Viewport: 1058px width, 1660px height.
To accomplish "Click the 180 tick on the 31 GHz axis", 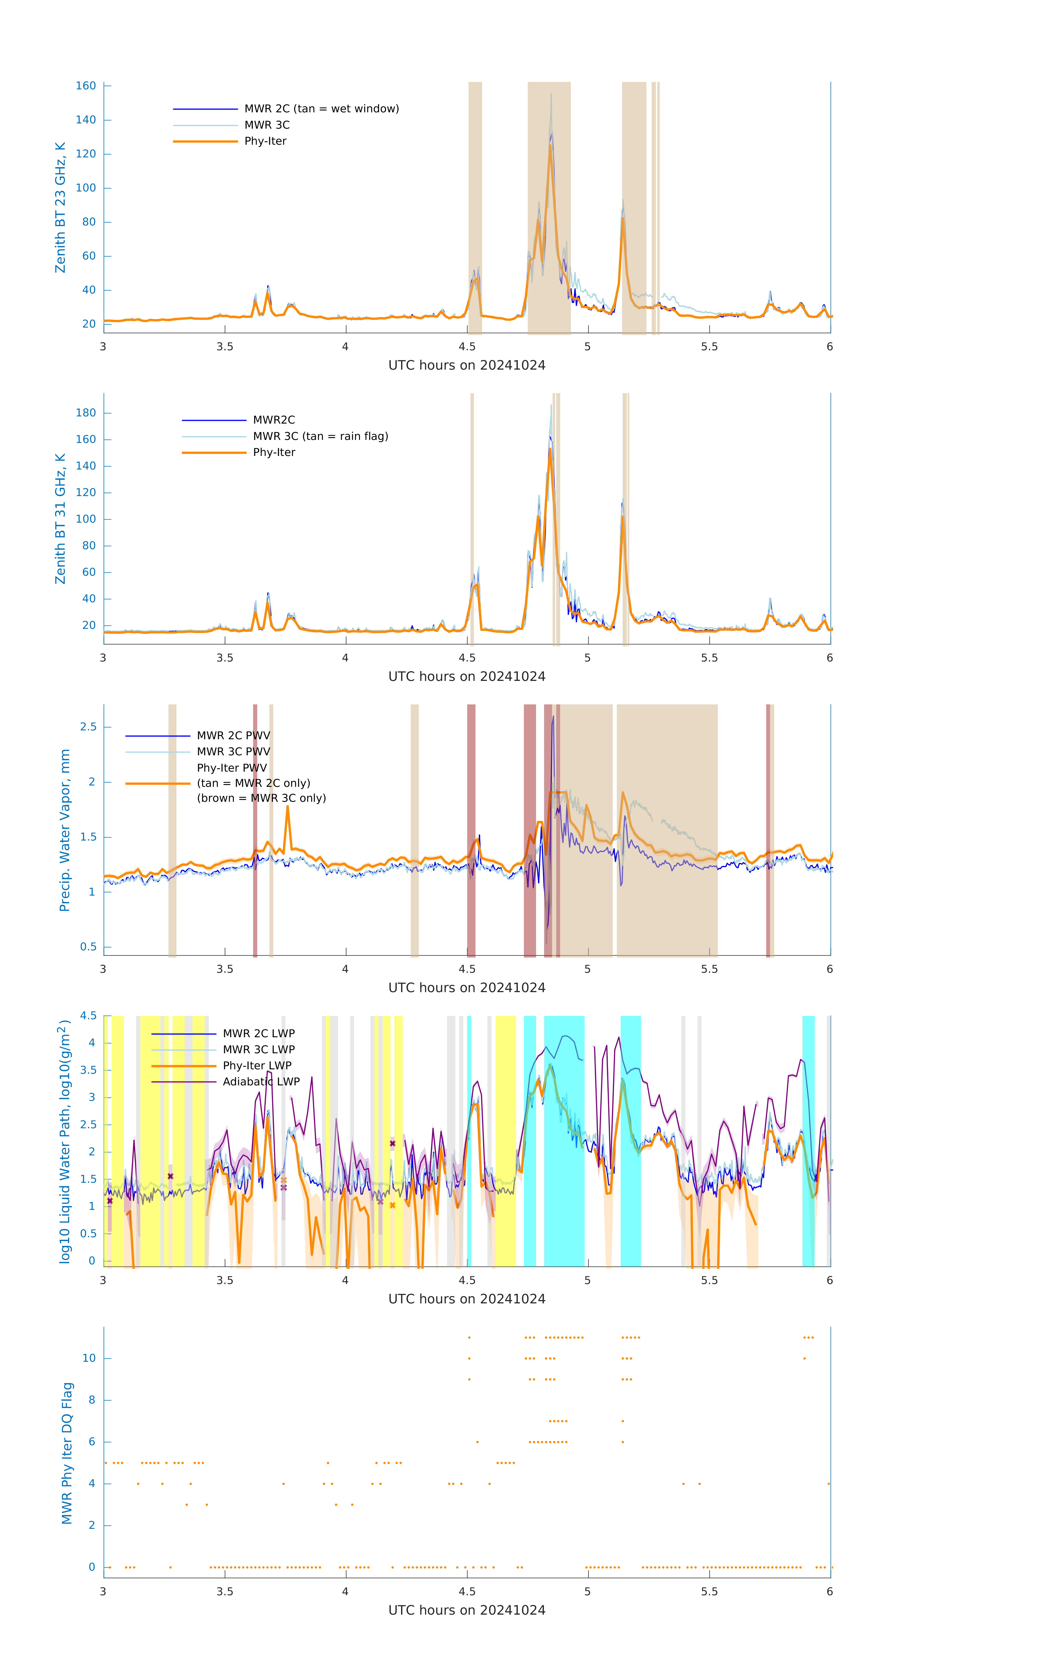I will click(86, 413).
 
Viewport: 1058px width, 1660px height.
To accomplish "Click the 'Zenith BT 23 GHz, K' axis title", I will click(61, 207).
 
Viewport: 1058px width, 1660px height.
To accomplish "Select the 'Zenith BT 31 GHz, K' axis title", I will click(61, 518).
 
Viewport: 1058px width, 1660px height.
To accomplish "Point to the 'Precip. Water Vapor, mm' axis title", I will click(65, 830).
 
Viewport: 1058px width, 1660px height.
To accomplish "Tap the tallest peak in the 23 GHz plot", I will click(551, 94).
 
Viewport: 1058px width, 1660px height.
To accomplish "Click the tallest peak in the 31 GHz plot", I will click(551, 405).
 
